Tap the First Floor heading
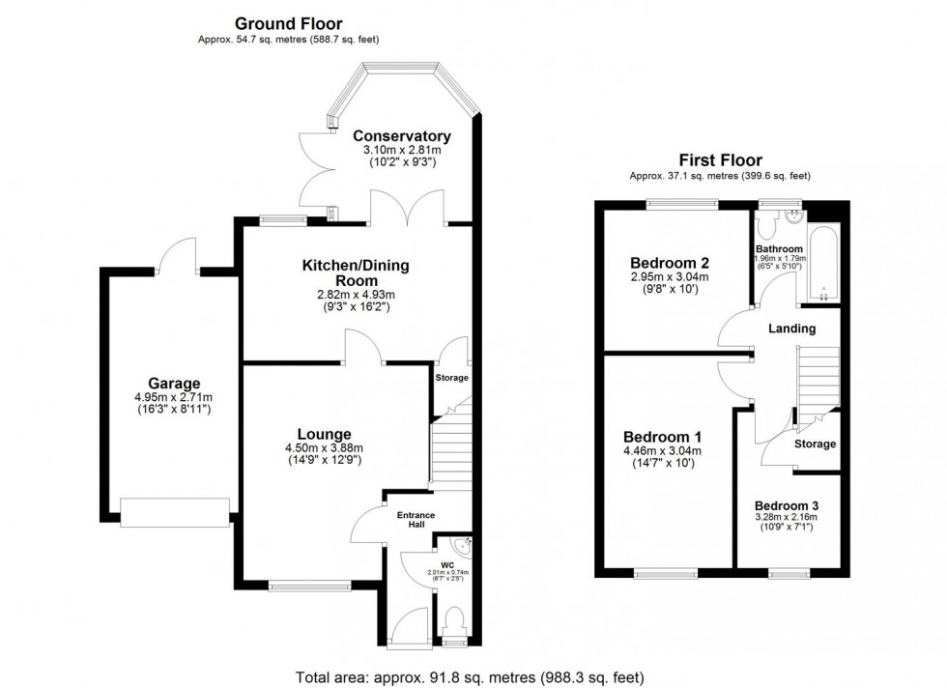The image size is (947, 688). [x=719, y=160]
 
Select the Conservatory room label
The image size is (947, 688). [x=401, y=136]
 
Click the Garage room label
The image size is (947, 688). [x=174, y=384]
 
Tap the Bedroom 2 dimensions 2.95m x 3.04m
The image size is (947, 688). [x=670, y=277]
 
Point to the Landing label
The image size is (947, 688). [x=791, y=329]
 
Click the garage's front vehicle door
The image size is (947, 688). [x=174, y=512]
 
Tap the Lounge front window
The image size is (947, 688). [x=310, y=585]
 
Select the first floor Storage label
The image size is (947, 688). [x=815, y=444]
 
